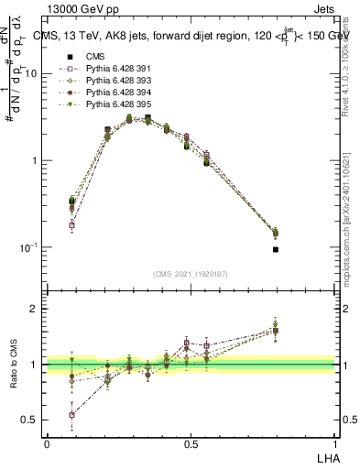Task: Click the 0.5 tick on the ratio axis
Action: tap(33, 420)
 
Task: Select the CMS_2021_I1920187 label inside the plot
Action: tap(191, 274)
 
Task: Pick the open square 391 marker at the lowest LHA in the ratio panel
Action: tap(72, 415)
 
